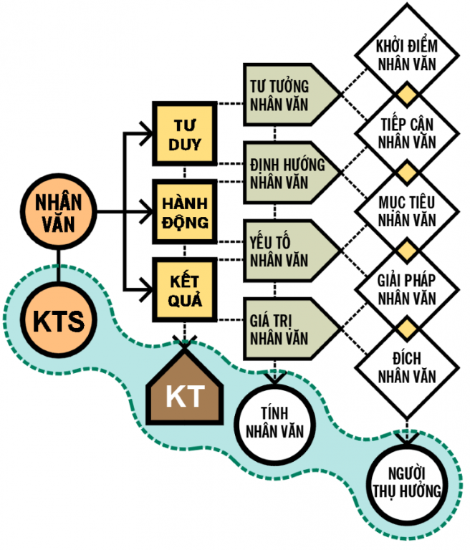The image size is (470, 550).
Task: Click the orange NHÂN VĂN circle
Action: (59, 212)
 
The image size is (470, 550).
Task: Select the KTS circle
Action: (59, 320)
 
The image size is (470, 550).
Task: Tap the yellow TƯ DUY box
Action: (185, 134)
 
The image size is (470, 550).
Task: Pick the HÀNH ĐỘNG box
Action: (185, 212)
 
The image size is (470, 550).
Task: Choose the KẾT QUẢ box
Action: (185, 291)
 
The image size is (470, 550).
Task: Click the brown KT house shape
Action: (185, 387)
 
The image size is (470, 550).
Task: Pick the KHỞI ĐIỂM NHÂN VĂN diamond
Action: (407, 55)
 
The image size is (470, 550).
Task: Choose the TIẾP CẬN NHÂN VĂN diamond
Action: (407, 134)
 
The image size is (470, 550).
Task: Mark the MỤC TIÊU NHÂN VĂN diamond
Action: (407, 212)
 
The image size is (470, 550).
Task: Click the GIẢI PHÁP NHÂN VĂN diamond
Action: (407, 290)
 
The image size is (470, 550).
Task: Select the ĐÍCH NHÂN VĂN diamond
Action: (407, 368)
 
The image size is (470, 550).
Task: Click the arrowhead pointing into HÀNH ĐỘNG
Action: (146, 212)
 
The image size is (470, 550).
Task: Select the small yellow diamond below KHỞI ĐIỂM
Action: (407, 95)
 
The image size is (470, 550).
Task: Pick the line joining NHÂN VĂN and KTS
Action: (59, 266)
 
